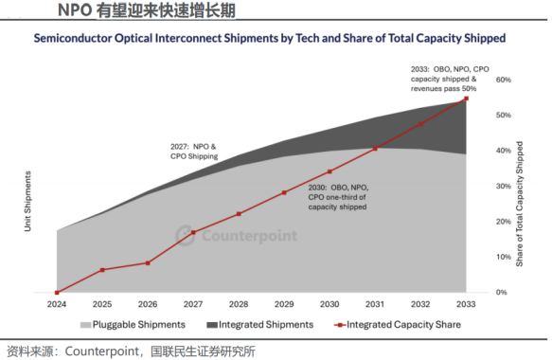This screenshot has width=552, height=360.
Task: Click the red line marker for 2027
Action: (193, 232)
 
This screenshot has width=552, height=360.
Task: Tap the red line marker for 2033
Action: (467, 99)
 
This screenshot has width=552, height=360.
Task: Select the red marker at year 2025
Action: (102, 270)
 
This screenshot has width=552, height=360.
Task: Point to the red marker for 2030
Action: (329, 171)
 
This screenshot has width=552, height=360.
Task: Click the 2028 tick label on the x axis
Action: (239, 304)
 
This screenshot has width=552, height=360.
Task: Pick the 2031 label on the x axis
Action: (375, 304)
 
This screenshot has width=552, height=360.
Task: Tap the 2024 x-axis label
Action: (57, 304)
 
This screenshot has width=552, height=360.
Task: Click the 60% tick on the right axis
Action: (504, 80)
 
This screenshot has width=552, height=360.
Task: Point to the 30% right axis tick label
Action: (504, 187)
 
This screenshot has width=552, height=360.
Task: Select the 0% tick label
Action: (501, 293)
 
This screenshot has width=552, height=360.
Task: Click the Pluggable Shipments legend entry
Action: (133, 325)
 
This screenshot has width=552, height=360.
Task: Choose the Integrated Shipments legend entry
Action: (259, 325)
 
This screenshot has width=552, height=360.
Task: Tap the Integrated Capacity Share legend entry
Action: (398, 325)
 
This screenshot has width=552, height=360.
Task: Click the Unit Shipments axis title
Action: (27, 202)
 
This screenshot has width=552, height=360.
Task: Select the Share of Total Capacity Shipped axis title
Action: (519, 204)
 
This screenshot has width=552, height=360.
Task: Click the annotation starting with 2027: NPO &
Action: (194, 152)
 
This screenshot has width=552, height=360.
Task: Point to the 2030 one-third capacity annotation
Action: (338, 197)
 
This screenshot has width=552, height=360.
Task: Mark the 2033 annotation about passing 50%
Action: (450, 79)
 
